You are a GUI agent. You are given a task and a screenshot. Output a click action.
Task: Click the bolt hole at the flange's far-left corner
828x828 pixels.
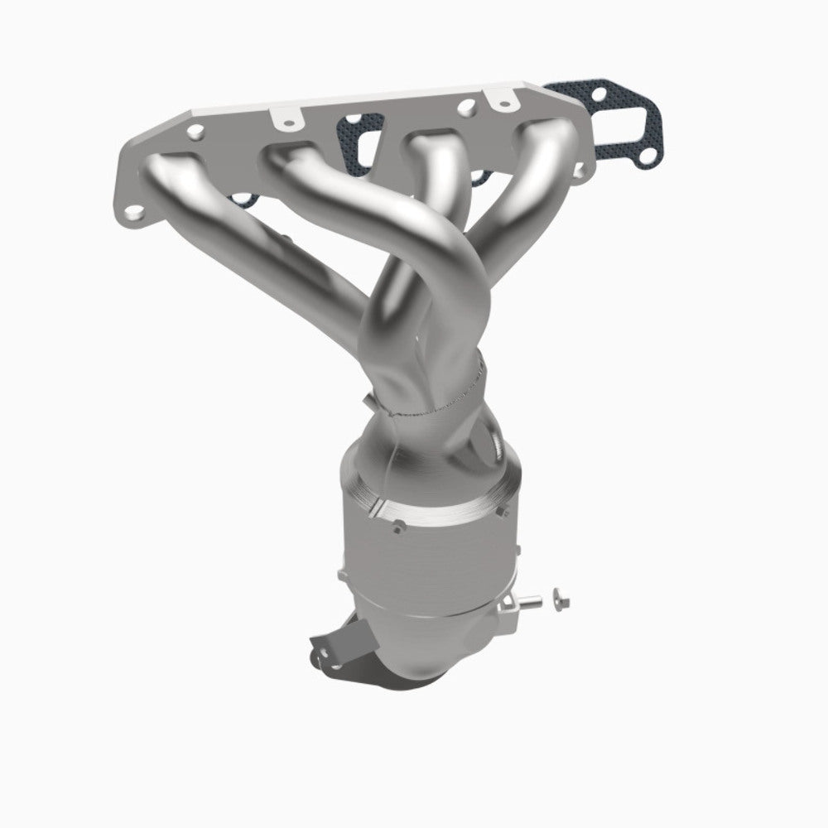click(x=132, y=212)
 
